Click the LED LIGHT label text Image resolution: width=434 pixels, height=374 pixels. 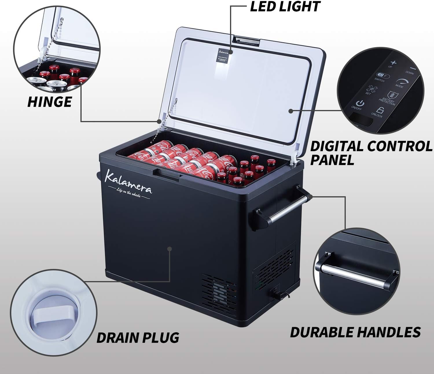click(285, 7)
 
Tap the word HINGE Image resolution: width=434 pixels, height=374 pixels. click(49, 102)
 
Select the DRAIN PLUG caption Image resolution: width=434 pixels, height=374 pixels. click(138, 338)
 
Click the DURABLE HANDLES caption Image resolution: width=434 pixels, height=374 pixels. click(355, 332)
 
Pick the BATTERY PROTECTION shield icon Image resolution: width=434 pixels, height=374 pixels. click(390, 95)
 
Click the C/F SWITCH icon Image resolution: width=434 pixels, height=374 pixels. click(382, 76)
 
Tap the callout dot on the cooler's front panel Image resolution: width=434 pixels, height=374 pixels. click(170, 249)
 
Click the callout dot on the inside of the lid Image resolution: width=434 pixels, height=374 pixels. click(291, 111)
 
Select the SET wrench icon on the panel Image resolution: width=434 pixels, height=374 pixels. click(369, 89)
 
